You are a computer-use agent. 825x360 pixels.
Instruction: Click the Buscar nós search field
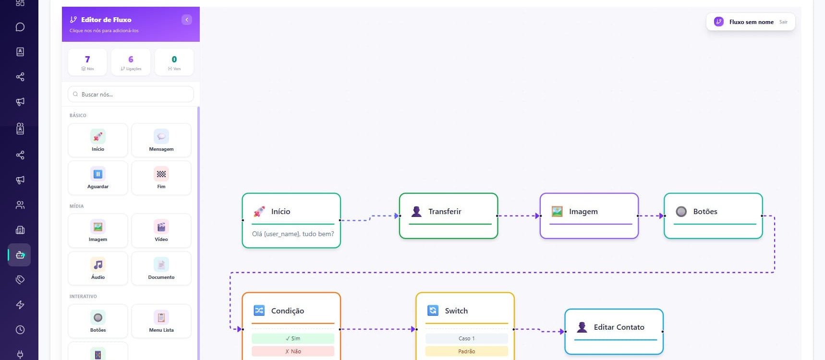pyautogui.click(x=131, y=94)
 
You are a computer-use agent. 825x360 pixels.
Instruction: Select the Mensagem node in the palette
pyautogui.click(x=161, y=140)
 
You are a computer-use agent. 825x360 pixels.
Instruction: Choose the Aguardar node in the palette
pyautogui.click(x=98, y=178)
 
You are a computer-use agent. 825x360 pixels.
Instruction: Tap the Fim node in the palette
pyautogui.click(x=161, y=178)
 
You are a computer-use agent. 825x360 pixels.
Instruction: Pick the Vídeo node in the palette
pyautogui.click(x=161, y=230)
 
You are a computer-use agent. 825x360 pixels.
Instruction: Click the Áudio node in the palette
pyautogui.click(x=98, y=268)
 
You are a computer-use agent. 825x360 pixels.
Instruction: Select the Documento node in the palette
pyautogui.click(x=161, y=268)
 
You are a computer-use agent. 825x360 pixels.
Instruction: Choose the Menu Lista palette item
pyautogui.click(x=161, y=321)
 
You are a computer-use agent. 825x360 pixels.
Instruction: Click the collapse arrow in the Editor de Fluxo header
pyautogui.click(x=187, y=20)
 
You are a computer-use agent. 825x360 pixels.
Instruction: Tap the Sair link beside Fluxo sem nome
pyautogui.click(x=783, y=22)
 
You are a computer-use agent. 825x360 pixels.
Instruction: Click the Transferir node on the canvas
pyautogui.click(x=449, y=216)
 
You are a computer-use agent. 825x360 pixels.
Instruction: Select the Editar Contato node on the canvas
pyautogui.click(x=614, y=332)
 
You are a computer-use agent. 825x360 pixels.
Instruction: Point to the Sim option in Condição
pyautogui.click(x=293, y=338)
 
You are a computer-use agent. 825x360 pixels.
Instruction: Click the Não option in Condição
pyautogui.click(x=293, y=351)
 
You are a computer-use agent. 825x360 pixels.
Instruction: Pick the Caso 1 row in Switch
pyautogui.click(x=467, y=338)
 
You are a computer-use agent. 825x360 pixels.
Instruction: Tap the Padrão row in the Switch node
pyautogui.click(x=467, y=351)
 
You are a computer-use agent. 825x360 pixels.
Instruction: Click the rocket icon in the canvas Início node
pyautogui.click(x=259, y=211)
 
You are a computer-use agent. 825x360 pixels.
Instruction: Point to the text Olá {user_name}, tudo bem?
pyautogui.click(x=293, y=234)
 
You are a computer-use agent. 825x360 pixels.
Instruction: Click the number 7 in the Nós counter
pyautogui.click(x=87, y=60)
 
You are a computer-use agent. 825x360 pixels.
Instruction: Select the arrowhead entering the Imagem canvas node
pyautogui.click(x=537, y=216)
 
